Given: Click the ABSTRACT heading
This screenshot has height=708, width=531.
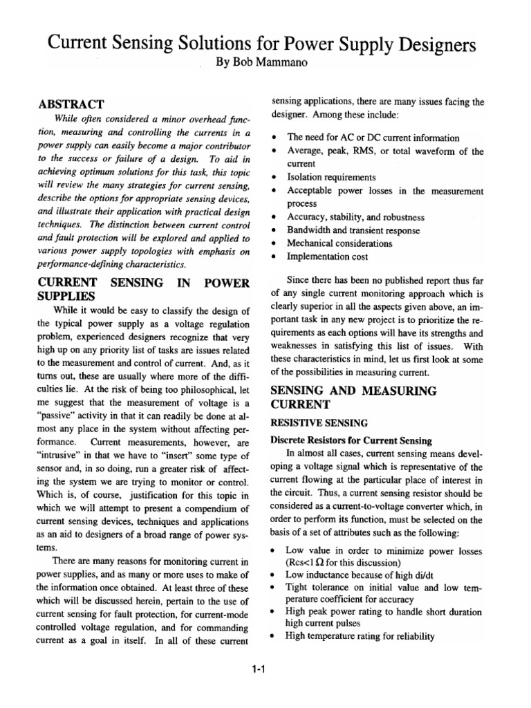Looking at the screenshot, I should (x=71, y=104).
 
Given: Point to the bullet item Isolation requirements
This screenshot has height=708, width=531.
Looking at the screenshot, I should (x=331, y=178).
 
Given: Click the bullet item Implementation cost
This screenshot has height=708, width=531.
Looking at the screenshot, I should (x=328, y=257).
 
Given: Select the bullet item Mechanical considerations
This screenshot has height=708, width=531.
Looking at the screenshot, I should (x=339, y=243).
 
